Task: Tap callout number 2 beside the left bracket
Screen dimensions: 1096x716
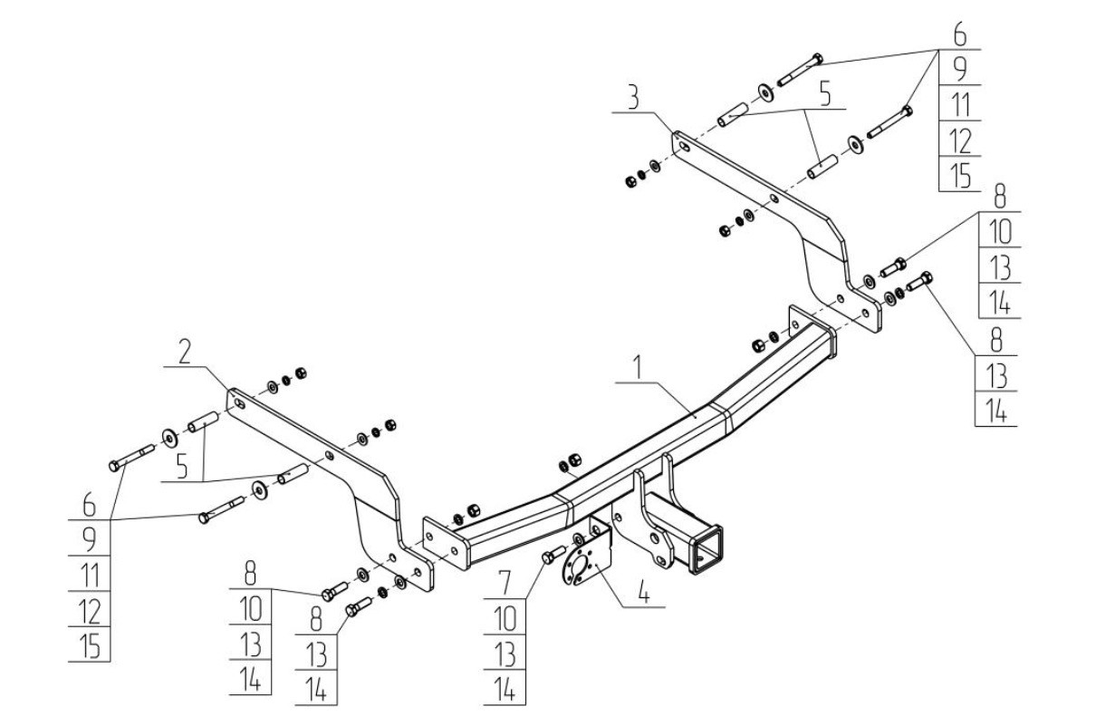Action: pos(185,351)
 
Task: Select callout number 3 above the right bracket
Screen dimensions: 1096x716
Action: pos(633,98)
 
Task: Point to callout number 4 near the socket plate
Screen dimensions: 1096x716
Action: pos(644,592)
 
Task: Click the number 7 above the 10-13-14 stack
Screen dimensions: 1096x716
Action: pos(505,583)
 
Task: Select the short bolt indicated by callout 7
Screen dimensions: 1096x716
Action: pos(554,555)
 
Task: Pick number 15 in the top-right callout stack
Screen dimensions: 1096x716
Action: pos(960,175)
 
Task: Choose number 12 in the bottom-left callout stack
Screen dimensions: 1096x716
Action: pos(90,611)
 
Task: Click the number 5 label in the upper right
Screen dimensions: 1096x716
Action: pos(825,94)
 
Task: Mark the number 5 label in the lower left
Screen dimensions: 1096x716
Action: pos(182,466)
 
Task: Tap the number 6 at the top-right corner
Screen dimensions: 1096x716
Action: pos(960,35)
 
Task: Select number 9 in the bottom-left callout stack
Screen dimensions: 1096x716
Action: pos(89,539)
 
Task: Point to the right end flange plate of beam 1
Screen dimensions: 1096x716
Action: pos(812,332)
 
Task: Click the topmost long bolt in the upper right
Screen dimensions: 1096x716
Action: pos(801,70)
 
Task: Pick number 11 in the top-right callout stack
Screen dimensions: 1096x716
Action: pos(960,104)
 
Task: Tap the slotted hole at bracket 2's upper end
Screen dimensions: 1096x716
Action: pos(240,403)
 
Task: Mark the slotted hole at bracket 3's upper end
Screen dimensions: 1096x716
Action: pos(685,146)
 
